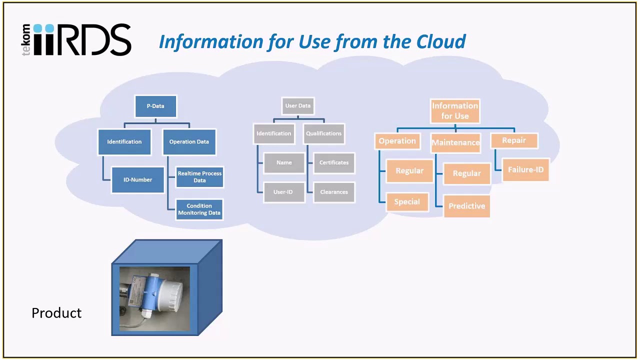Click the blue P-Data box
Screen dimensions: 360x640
pos(155,106)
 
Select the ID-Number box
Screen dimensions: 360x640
pos(138,179)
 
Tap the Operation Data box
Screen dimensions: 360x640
pos(189,141)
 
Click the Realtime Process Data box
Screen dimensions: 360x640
pos(199,177)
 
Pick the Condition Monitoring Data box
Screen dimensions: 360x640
pos(199,209)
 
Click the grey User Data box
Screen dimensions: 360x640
pos(298,106)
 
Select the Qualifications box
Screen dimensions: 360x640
pos(324,133)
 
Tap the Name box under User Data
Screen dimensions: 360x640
pos(284,162)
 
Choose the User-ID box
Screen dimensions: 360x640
pos(283,192)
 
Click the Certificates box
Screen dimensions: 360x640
pos(334,162)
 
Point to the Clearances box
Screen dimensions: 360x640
pos(334,192)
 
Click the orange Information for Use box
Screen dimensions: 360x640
pos(455,111)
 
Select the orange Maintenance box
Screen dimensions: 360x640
pos(455,142)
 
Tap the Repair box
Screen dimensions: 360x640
pos(514,140)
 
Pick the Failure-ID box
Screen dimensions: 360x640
pos(525,170)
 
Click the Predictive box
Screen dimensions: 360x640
pos(466,206)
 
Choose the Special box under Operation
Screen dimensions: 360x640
pos(407,202)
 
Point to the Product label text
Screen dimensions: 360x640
pos(56,313)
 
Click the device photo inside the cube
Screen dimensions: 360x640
pos(154,298)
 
